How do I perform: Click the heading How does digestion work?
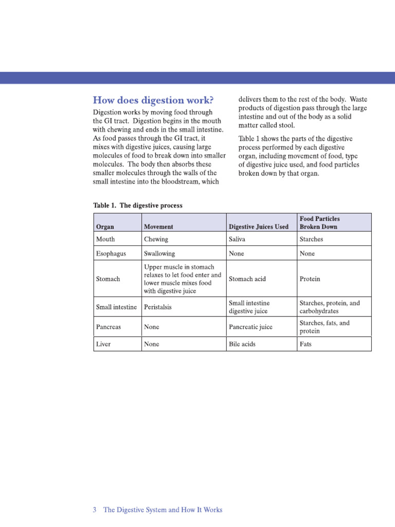153,99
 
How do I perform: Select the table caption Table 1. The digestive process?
138,205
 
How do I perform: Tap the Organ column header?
105,226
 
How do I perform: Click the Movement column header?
158,226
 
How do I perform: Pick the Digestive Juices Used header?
259,226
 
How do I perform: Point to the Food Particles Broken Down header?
319,222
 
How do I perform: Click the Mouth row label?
105,239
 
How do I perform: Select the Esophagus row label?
111,254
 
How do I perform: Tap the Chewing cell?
156,239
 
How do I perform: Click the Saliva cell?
237,239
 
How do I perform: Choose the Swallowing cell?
159,254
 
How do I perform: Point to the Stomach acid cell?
247,279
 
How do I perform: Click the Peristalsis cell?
158,307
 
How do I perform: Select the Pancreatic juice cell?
250,327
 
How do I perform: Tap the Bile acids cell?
242,344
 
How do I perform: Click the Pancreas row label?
109,327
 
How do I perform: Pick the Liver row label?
103,344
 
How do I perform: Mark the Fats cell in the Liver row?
305,344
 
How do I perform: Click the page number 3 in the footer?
95,510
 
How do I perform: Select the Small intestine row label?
116,307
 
